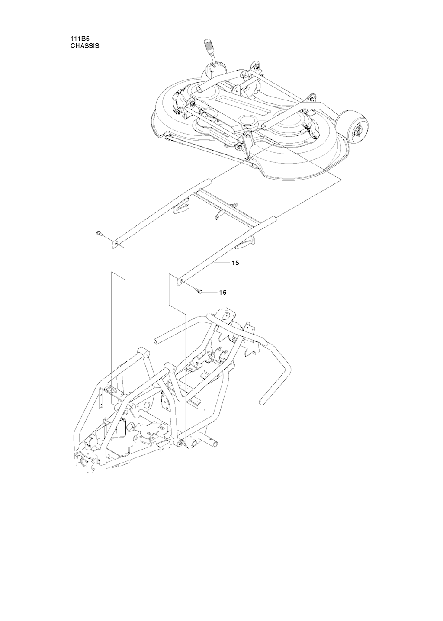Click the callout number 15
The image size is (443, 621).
point(235,263)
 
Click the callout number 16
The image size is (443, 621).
point(223,292)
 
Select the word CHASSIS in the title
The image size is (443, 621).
point(84,46)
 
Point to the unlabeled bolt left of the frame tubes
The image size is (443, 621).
point(99,233)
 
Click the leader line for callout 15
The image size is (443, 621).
point(222,262)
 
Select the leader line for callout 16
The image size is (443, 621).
point(210,292)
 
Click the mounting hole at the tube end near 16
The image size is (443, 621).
point(181,281)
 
